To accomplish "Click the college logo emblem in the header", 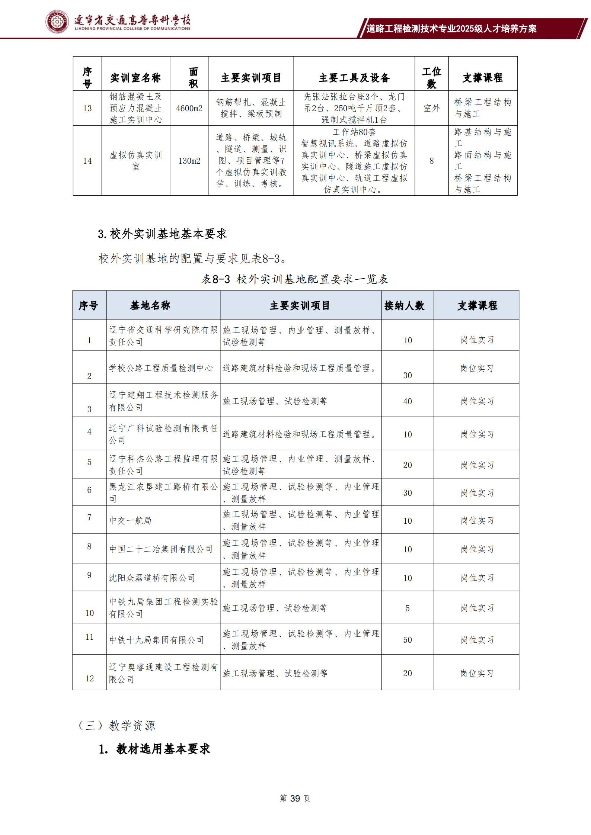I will pyautogui.click(x=57, y=22).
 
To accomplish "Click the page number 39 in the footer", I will pyautogui.click(x=295, y=798).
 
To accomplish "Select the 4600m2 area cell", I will pyautogui.click(x=189, y=108).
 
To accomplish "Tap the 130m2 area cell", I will pyautogui.click(x=189, y=161).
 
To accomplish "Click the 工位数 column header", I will pyautogui.click(x=431, y=77).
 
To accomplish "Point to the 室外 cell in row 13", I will pyautogui.click(x=431, y=108).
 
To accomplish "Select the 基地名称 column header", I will pyautogui.click(x=150, y=306).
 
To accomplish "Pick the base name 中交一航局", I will pyautogui.click(x=130, y=520).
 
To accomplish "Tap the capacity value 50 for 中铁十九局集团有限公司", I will pyautogui.click(x=408, y=640).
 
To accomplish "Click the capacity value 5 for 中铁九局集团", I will pyautogui.click(x=408, y=608).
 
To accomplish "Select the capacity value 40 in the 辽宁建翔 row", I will pyautogui.click(x=408, y=401).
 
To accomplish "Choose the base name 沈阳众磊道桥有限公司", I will pyautogui.click(x=152, y=578).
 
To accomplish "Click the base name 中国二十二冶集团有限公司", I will pyautogui.click(x=161, y=549).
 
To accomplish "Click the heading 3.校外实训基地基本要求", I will pyautogui.click(x=162, y=234).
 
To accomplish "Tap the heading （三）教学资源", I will pyautogui.click(x=116, y=725).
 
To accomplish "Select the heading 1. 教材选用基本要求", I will pyautogui.click(x=154, y=749).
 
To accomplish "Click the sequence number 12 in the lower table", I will pyautogui.click(x=89, y=678).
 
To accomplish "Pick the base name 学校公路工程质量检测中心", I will pyautogui.click(x=161, y=368).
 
